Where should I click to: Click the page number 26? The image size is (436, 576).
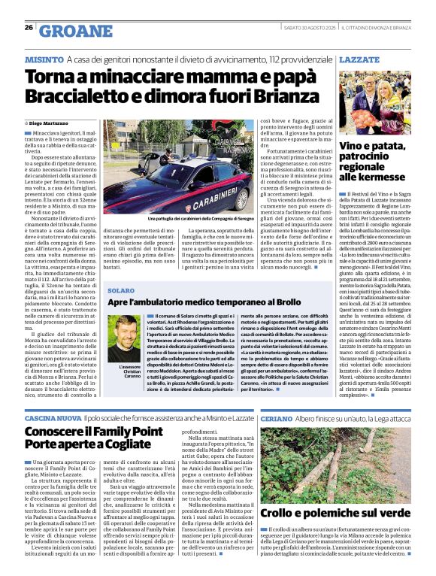pos(29,27)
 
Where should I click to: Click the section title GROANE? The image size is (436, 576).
pos(70,30)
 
